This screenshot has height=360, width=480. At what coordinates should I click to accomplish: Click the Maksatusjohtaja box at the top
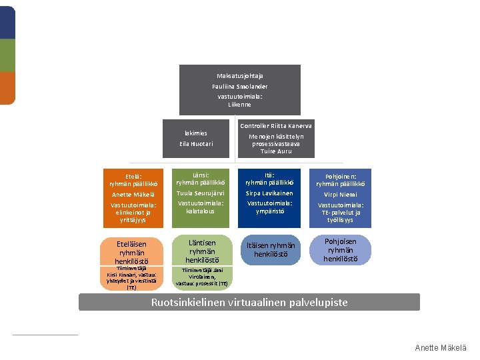pos(239,89)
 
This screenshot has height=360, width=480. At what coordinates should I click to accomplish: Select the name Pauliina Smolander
pos(239,87)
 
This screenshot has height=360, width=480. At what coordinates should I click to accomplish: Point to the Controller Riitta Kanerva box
pos(275,139)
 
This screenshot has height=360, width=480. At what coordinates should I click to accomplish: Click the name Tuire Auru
pos(276,151)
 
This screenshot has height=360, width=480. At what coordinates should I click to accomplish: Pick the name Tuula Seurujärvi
pos(200,193)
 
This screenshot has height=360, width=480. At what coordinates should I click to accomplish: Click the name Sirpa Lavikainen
pos(269,193)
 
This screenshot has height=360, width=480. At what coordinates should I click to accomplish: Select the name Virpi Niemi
pos(340,195)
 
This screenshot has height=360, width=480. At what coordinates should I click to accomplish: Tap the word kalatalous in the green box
pos(200,211)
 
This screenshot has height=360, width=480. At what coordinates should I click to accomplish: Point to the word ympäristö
pos(269,211)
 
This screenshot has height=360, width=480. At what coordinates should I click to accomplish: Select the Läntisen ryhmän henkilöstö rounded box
pos(202,250)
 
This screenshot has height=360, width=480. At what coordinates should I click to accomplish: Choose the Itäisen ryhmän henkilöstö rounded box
pos(269,250)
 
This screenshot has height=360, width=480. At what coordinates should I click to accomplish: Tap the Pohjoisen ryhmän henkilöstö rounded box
pos(340,250)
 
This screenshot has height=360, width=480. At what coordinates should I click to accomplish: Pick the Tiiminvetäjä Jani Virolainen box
pos(202,277)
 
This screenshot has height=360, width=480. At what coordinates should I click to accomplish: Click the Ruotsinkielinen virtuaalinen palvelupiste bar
pos(249,303)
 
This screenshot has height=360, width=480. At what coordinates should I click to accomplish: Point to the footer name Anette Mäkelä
pos(441,348)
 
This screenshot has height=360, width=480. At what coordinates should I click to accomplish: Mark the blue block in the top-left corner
pos(7,23)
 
